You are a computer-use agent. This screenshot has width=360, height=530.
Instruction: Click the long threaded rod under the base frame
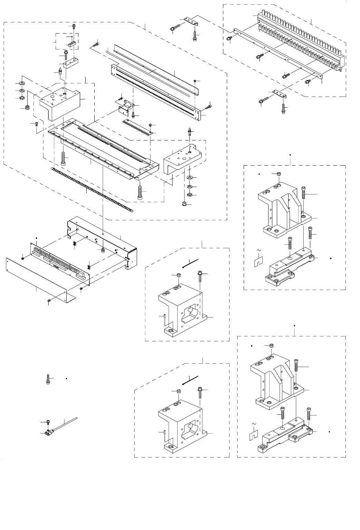[x=91, y=189]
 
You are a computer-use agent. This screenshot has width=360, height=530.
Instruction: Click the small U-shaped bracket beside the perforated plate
[x=126, y=107]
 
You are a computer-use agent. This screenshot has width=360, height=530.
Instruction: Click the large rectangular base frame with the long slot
[x=104, y=145]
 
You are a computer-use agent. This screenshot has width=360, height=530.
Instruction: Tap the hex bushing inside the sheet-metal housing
[x=103, y=249]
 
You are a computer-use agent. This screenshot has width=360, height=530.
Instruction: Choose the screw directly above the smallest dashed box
[x=74, y=27]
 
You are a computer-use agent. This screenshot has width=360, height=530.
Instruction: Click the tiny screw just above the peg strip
[x=150, y=124]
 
